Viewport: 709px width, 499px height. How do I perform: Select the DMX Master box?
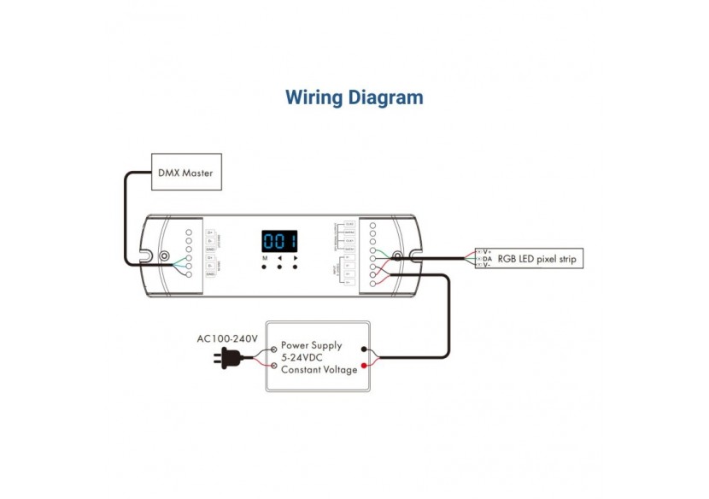click(186, 172)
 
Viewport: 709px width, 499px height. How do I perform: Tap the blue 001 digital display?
click(279, 241)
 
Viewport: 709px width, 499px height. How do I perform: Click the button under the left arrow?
click(280, 267)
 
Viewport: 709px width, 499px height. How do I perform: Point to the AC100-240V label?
click(227, 339)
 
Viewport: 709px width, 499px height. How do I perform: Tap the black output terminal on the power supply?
click(366, 349)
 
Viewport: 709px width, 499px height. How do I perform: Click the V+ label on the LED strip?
click(487, 251)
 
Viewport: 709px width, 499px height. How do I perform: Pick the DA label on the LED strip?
click(487, 258)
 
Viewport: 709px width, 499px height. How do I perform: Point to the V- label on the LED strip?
click(487, 266)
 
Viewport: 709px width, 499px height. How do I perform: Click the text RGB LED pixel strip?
click(538, 258)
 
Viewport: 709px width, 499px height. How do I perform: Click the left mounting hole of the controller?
click(163, 255)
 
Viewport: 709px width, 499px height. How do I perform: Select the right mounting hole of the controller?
click(397, 255)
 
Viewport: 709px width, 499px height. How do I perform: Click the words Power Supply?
click(312, 345)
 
